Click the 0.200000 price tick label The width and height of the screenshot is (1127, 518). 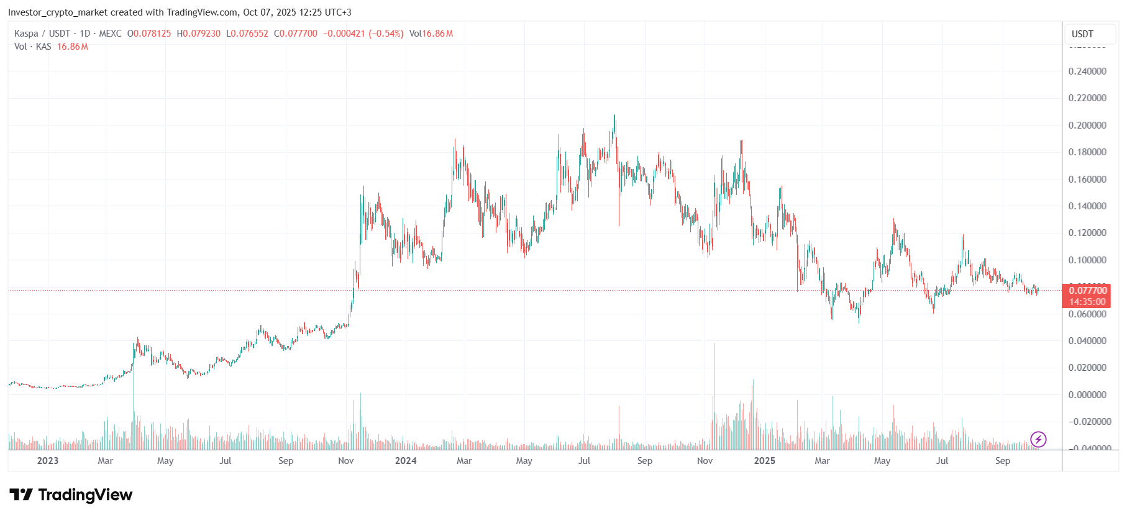[x=1087, y=125]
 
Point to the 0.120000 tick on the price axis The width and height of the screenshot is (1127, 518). [x=1087, y=233]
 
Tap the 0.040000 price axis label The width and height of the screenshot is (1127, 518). [x=1087, y=341]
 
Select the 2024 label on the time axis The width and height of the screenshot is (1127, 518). [x=406, y=461]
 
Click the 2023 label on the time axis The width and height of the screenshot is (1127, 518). [x=48, y=461]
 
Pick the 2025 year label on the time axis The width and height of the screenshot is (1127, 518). [x=764, y=461]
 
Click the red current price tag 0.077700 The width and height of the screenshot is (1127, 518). [x=1087, y=291]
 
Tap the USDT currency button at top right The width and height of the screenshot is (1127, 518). [x=1082, y=34]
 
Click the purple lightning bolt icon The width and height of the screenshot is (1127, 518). [x=1038, y=440]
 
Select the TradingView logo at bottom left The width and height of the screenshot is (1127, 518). [x=71, y=495]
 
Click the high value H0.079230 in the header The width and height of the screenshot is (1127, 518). [x=198, y=34]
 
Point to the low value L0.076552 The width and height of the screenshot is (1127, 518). [x=247, y=34]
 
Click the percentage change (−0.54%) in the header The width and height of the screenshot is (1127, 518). [x=386, y=34]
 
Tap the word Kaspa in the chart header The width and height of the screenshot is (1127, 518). [x=26, y=34]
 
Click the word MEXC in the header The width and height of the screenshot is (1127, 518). [x=110, y=34]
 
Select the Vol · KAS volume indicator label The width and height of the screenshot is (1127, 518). [x=32, y=47]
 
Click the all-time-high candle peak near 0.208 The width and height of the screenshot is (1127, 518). [x=614, y=116]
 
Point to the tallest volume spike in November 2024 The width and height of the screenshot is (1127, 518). [x=714, y=344]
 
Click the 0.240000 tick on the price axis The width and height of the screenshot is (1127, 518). [x=1087, y=71]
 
